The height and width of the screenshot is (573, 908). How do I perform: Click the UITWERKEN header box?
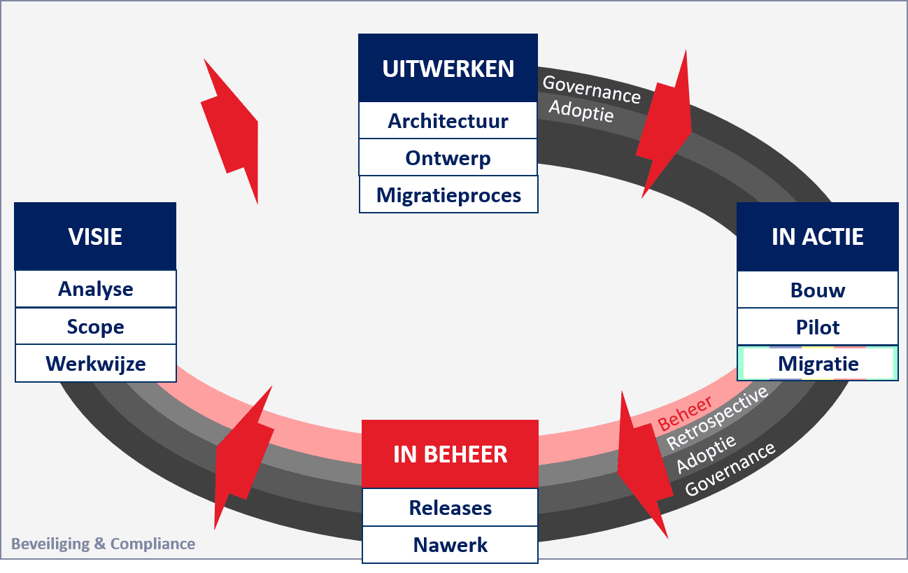(x=448, y=69)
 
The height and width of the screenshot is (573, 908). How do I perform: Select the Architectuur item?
(x=448, y=121)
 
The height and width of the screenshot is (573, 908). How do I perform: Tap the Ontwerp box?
(x=448, y=158)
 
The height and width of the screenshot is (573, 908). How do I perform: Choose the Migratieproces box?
(x=448, y=194)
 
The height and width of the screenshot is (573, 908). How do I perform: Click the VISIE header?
(x=95, y=236)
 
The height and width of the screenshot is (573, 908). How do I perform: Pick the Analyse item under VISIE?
(x=95, y=289)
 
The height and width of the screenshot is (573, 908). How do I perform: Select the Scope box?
(x=95, y=327)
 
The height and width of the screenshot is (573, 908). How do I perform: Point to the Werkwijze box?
(x=95, y=364)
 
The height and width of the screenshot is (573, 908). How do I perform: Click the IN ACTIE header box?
(x=817, y=236)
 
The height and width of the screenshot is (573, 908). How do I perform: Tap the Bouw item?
(x=817, y=290)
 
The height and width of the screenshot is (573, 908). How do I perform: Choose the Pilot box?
(x=817, y=327)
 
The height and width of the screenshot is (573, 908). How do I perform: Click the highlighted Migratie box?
(x=817, y=364)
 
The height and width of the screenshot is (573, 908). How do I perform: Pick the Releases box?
(x=450, y=507)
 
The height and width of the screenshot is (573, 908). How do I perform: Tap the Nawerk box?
(x=450, y=544)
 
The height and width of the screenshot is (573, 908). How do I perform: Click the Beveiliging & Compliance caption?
(x=103, y=544)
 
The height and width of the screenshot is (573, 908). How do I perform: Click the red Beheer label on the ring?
(x=685, y=413)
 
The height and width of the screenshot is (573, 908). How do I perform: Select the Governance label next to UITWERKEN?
(x=591, y=89)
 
